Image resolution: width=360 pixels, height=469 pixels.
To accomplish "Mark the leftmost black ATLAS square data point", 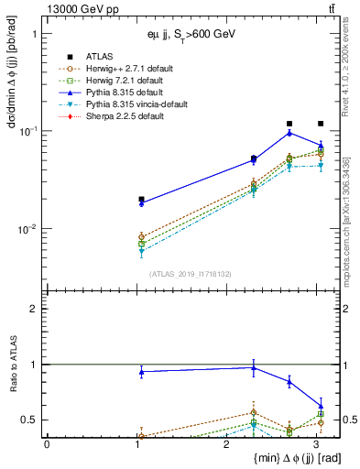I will pyautogui.click(x=141, y=199).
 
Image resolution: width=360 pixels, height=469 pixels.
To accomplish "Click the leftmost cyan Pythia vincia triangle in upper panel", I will pyautogui.click(x=141, y=250).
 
